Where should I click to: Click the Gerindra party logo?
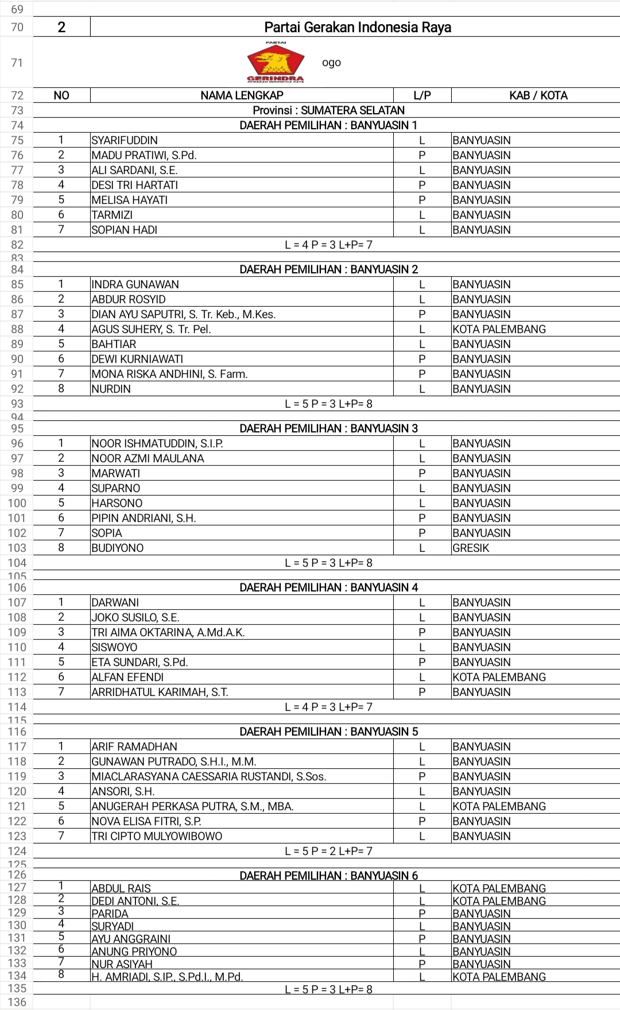276,62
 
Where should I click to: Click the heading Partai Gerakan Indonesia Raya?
357,27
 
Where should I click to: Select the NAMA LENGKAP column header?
242,95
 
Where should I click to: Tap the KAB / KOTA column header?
538,95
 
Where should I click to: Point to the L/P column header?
422,95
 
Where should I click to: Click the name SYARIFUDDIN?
125,140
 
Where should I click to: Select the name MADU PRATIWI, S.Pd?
144,155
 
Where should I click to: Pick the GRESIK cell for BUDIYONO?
471,548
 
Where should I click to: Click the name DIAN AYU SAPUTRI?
184,314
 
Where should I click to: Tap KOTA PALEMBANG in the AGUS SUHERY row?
499,329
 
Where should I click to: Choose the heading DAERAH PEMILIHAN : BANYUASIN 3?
328,428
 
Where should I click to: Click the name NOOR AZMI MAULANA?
148,458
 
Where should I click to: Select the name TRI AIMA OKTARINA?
168,632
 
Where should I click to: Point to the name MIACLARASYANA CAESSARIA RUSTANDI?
209,776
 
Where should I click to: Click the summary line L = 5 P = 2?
328,851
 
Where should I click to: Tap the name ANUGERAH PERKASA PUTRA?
192,806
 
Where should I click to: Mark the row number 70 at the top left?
17,27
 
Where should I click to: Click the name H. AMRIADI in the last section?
167,977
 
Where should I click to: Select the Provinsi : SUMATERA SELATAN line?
328,110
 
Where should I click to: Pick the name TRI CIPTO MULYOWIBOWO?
157,836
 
